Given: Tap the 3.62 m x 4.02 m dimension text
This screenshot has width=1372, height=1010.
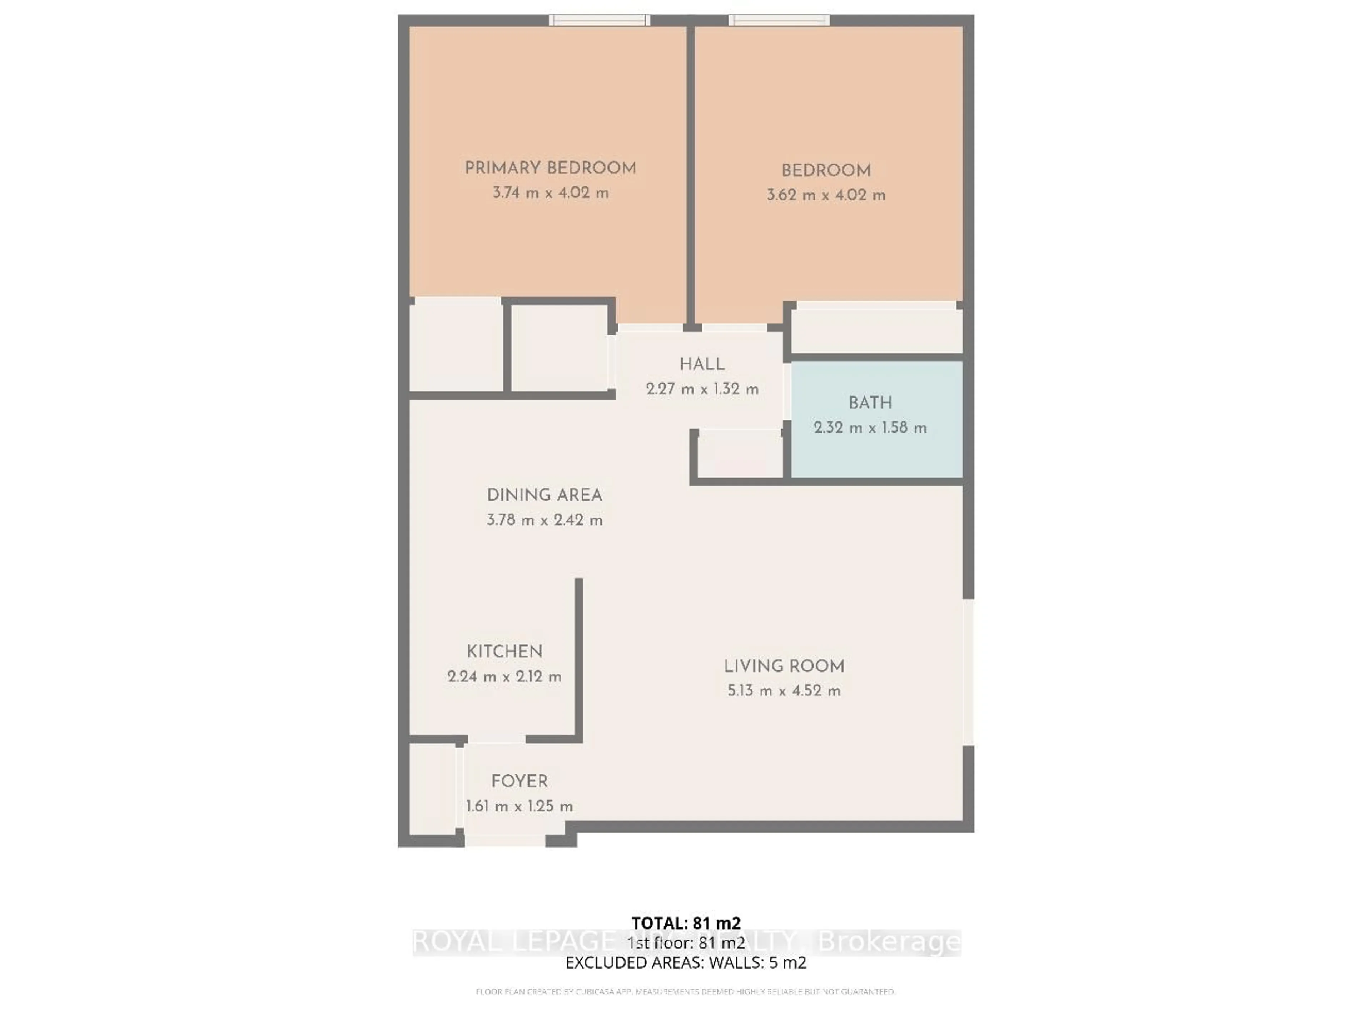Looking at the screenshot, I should [826, 195].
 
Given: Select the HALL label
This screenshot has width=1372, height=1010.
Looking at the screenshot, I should [702, 364].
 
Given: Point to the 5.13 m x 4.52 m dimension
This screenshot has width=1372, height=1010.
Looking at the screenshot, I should [784, 691].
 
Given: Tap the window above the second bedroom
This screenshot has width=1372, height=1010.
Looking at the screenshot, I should [778, 20].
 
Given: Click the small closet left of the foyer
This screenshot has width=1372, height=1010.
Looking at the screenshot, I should [432, 789].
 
